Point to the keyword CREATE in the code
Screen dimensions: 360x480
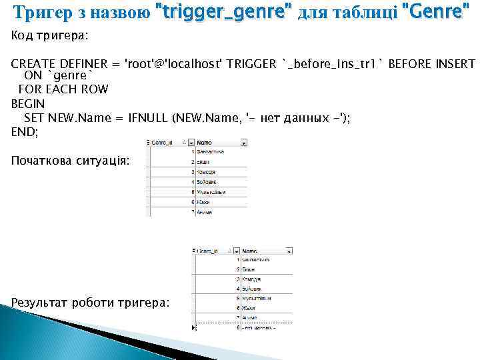(30, 64)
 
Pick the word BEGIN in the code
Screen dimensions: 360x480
(27, 104)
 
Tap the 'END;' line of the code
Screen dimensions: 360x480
(25, 131)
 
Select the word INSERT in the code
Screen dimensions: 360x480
(457, 64)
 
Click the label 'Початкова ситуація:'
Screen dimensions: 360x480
(71, 161)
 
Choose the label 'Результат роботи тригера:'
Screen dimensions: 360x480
(90, 303)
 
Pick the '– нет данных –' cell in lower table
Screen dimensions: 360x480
(259, 328)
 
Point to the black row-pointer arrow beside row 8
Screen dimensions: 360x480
(194, 328)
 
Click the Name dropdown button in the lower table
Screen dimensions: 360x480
(289, 251)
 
